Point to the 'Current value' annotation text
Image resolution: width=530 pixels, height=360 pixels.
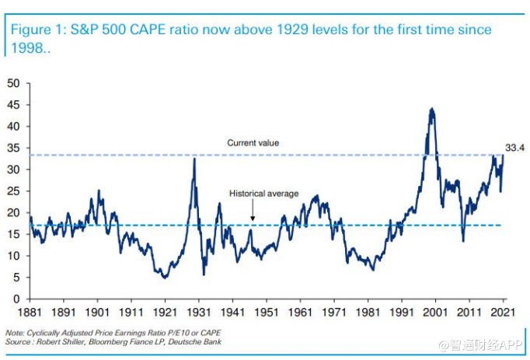(x=253, y=143)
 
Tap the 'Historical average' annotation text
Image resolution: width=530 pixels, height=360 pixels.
(x=263, y=194)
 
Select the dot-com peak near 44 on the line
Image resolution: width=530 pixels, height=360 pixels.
(x=431, y=110)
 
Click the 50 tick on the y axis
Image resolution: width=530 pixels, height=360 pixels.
(x=14, y=82)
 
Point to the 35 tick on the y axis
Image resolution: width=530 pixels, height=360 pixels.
(x=14, y=148)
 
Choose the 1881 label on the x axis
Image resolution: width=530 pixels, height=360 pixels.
(x=30, y=313)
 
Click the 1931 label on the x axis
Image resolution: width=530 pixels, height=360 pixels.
(x=195, y=313)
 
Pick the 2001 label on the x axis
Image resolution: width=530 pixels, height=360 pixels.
(x=435, y=313)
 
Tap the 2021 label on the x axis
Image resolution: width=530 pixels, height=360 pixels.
(x=502, y=313)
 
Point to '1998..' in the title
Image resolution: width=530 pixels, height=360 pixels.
(x=30, y=47)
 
